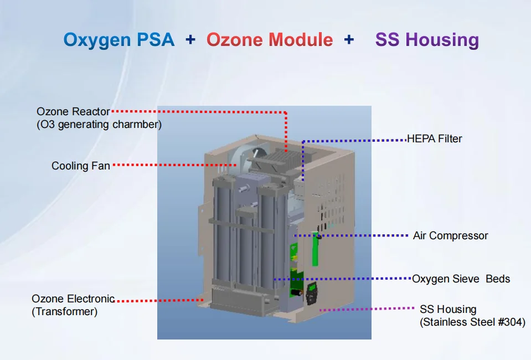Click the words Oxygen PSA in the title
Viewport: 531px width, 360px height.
(x=118, y=40)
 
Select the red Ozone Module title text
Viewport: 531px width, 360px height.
(x=270, y=40)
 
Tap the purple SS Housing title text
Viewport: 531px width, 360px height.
(x=427, y=40)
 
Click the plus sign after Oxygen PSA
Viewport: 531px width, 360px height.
(x=190, y=40)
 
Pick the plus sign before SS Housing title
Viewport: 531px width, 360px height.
(x=349, y=40)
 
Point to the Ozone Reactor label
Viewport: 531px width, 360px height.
(x=73, y=112)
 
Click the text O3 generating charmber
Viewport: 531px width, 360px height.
(x=99, y=125)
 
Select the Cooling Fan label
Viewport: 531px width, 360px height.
(x=81, y=166)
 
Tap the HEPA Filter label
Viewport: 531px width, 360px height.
(x=435, y=138)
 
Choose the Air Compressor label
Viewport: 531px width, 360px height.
(x=451, y=235)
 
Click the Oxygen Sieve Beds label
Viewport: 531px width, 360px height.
(x=461, y=279)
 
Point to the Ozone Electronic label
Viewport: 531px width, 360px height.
(x=73, y=299)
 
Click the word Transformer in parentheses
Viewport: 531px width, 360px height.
(x=65, y=312)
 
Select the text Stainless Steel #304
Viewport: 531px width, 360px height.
(x=472, y=322)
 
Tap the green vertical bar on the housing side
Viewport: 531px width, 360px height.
(x=315, y=250)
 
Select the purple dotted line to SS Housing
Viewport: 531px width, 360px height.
(x=368, y=309)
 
